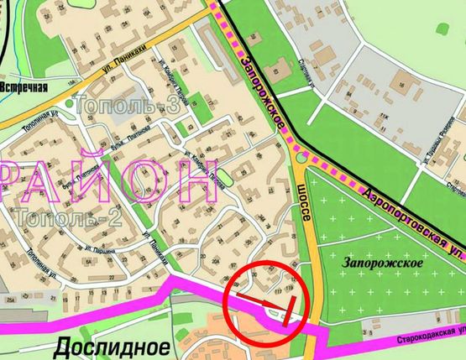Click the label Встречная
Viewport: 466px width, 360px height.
tap(25, 86)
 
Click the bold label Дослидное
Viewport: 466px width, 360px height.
tap(113, 346)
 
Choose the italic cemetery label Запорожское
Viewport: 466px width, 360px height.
tap(382, 262)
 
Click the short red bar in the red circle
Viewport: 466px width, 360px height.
tap(291, 310)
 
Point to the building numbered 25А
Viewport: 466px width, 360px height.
tap(10, 300)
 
